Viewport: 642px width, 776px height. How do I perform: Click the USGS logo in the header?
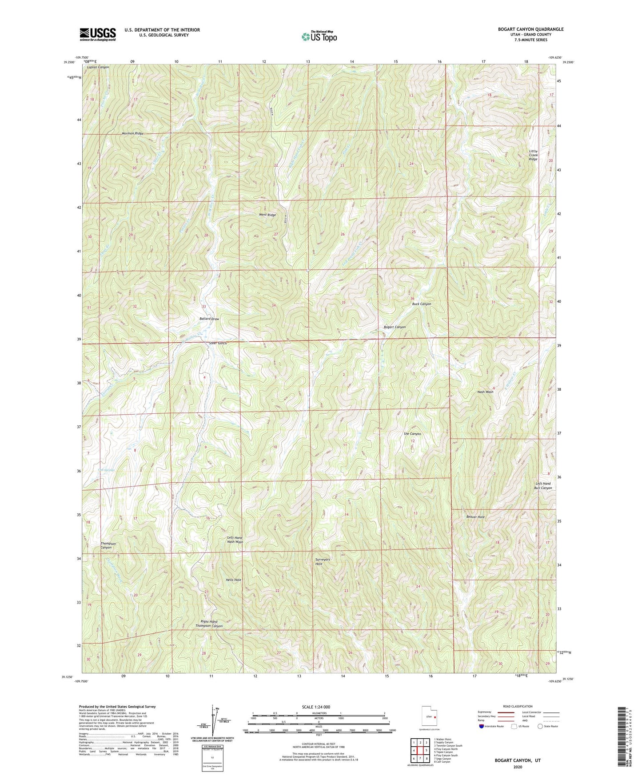pyautogui.click(x=98, y=34)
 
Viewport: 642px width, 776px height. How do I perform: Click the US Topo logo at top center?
pyautogui.click(x=319, y=37)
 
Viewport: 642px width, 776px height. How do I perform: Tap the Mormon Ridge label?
pyautogui.click(x=132, y=133)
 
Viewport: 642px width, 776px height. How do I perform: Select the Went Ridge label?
pyautogui.click(x=267, y=215)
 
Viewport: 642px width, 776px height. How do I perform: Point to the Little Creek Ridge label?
pyautogui.click(x=533, y=155)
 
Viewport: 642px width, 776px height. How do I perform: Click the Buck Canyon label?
pyautogui.click(x=421, y=304)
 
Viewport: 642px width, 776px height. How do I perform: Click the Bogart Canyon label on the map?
pyautogui.click(x=395, y=327)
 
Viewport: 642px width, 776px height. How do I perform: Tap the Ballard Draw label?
pyautogui.click(x=209, y=319)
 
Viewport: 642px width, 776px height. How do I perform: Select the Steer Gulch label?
pyautogui.click(x=218, y=343)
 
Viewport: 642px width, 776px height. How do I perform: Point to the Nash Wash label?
pyautogui.click(x=485, y=392)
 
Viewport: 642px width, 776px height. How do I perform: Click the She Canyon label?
pyautogui.click(x=412, y=434)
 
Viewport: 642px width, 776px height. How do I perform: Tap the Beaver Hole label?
pyautogui.click(x=475, y=517)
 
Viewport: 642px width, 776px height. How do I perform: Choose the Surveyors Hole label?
pyautogui.click(x=323, y=562)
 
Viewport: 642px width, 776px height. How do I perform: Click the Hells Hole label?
pyautogui.click(x=233, y=580)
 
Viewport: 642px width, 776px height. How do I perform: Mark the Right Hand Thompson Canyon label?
pyautogui.click(x=209, y=624)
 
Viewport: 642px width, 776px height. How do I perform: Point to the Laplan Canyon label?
pyautogui.click(x=98, y=67)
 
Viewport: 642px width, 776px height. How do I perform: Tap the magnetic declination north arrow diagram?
pyautogui.click(x=212, y=721)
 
